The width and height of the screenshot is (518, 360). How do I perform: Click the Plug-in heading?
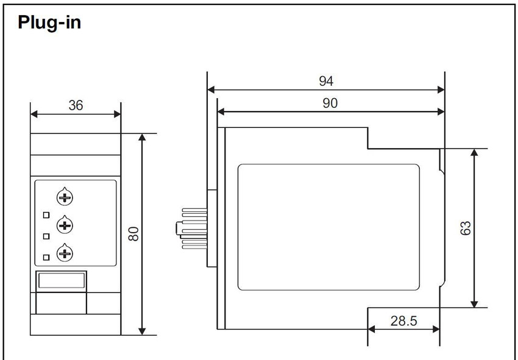49,23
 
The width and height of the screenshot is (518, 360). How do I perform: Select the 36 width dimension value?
76,105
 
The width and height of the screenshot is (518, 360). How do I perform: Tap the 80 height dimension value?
133,234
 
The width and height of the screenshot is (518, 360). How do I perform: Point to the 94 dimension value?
326,81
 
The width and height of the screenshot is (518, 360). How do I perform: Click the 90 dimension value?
330,103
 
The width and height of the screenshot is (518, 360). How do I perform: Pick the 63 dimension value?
466,228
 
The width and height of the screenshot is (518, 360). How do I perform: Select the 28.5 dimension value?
403,320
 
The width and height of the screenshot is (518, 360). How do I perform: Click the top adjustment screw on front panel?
65,197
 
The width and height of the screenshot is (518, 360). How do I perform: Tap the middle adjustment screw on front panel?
65,225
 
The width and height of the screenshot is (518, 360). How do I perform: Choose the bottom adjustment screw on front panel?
65,253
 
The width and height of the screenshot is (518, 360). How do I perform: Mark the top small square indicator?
46,215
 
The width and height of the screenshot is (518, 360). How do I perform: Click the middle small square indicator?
46,236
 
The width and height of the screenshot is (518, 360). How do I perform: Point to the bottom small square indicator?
46,257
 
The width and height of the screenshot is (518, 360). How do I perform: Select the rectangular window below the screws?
62,281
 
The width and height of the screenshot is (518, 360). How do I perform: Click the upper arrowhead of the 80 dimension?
142,138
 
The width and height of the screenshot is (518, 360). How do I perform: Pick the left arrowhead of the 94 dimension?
211,90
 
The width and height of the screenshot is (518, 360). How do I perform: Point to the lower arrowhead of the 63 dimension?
474,304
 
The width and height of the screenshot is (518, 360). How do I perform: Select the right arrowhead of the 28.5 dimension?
436,329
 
